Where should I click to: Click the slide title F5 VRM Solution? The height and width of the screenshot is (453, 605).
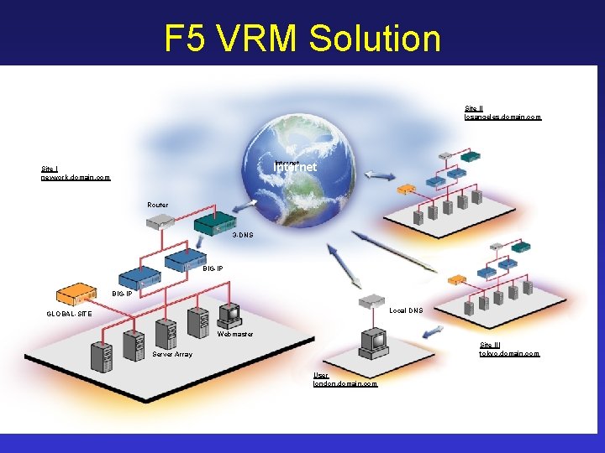(302, 38)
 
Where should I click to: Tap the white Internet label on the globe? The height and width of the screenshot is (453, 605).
(295, 167)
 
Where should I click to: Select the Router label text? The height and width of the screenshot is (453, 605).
(157, 205)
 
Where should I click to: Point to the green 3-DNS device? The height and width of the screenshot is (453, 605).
(215, 223)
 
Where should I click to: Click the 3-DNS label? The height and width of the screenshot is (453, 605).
(242, 235)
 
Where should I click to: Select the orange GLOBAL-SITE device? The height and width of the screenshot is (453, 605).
(76, 295)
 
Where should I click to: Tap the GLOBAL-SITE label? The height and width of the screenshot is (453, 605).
(70, 315)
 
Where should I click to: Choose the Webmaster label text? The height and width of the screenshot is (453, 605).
(235, 334)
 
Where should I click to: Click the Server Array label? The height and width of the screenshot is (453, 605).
(172, 354)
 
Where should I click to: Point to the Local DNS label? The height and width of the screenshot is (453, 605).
(406, 310)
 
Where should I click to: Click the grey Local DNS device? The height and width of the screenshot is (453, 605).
(371, 301)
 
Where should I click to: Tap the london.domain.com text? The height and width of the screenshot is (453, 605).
(345, 383)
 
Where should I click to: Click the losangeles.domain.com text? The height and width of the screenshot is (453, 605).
(502, 117)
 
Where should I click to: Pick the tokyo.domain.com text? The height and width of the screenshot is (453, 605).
(509, 353)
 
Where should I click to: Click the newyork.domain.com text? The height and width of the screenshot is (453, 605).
(76, 177)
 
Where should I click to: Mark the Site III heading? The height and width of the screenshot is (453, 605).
(489, 345)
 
